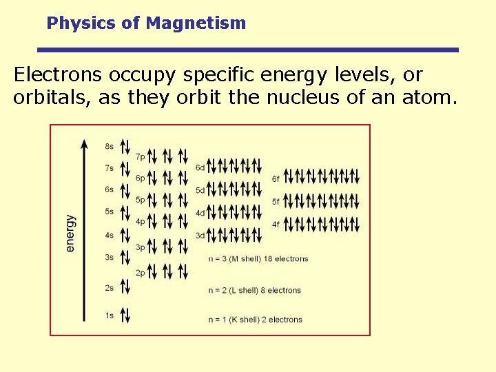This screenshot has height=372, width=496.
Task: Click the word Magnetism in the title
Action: pyautogui.click(x=196, y=23)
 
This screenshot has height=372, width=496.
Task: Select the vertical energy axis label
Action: pyautogui.click(x=70, y=233)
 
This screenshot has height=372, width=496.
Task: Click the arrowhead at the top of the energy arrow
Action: pyautogui.click(x=85, y=144)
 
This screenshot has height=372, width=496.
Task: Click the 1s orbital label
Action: pyautogui.click(x=110, y=316)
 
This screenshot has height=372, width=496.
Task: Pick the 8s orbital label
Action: pyautogui.click(x=110, y=146)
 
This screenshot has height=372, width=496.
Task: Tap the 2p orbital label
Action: pyautogui.click(x=140, y=273)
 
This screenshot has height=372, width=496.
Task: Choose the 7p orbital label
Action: pyautogui.click(x=140, y=157)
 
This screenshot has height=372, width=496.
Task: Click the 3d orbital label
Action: pyautogui.click(x=200, y=235)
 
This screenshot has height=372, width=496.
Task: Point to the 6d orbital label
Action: pyautogui.click(x=200, y=167)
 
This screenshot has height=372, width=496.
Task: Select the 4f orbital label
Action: pyautogui.click(x=276, y=224)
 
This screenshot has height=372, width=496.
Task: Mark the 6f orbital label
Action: pyautogui.click(x=276, y=178)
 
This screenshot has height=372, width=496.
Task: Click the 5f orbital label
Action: pyautogui.click(x=276, y=202)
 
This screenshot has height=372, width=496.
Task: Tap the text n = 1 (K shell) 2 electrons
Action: pyautogui.click(x=255, y=320)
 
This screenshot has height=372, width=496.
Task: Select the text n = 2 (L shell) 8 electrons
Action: pyautogui.click(x=254, y=290)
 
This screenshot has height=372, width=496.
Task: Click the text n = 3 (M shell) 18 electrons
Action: pyautogui.click(x=258, y=259)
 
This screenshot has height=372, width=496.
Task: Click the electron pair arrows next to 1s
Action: pyautogui.click(x=125, y=315)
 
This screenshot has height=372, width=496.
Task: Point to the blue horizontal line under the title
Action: pyautogui.click(x=247, y=50)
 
